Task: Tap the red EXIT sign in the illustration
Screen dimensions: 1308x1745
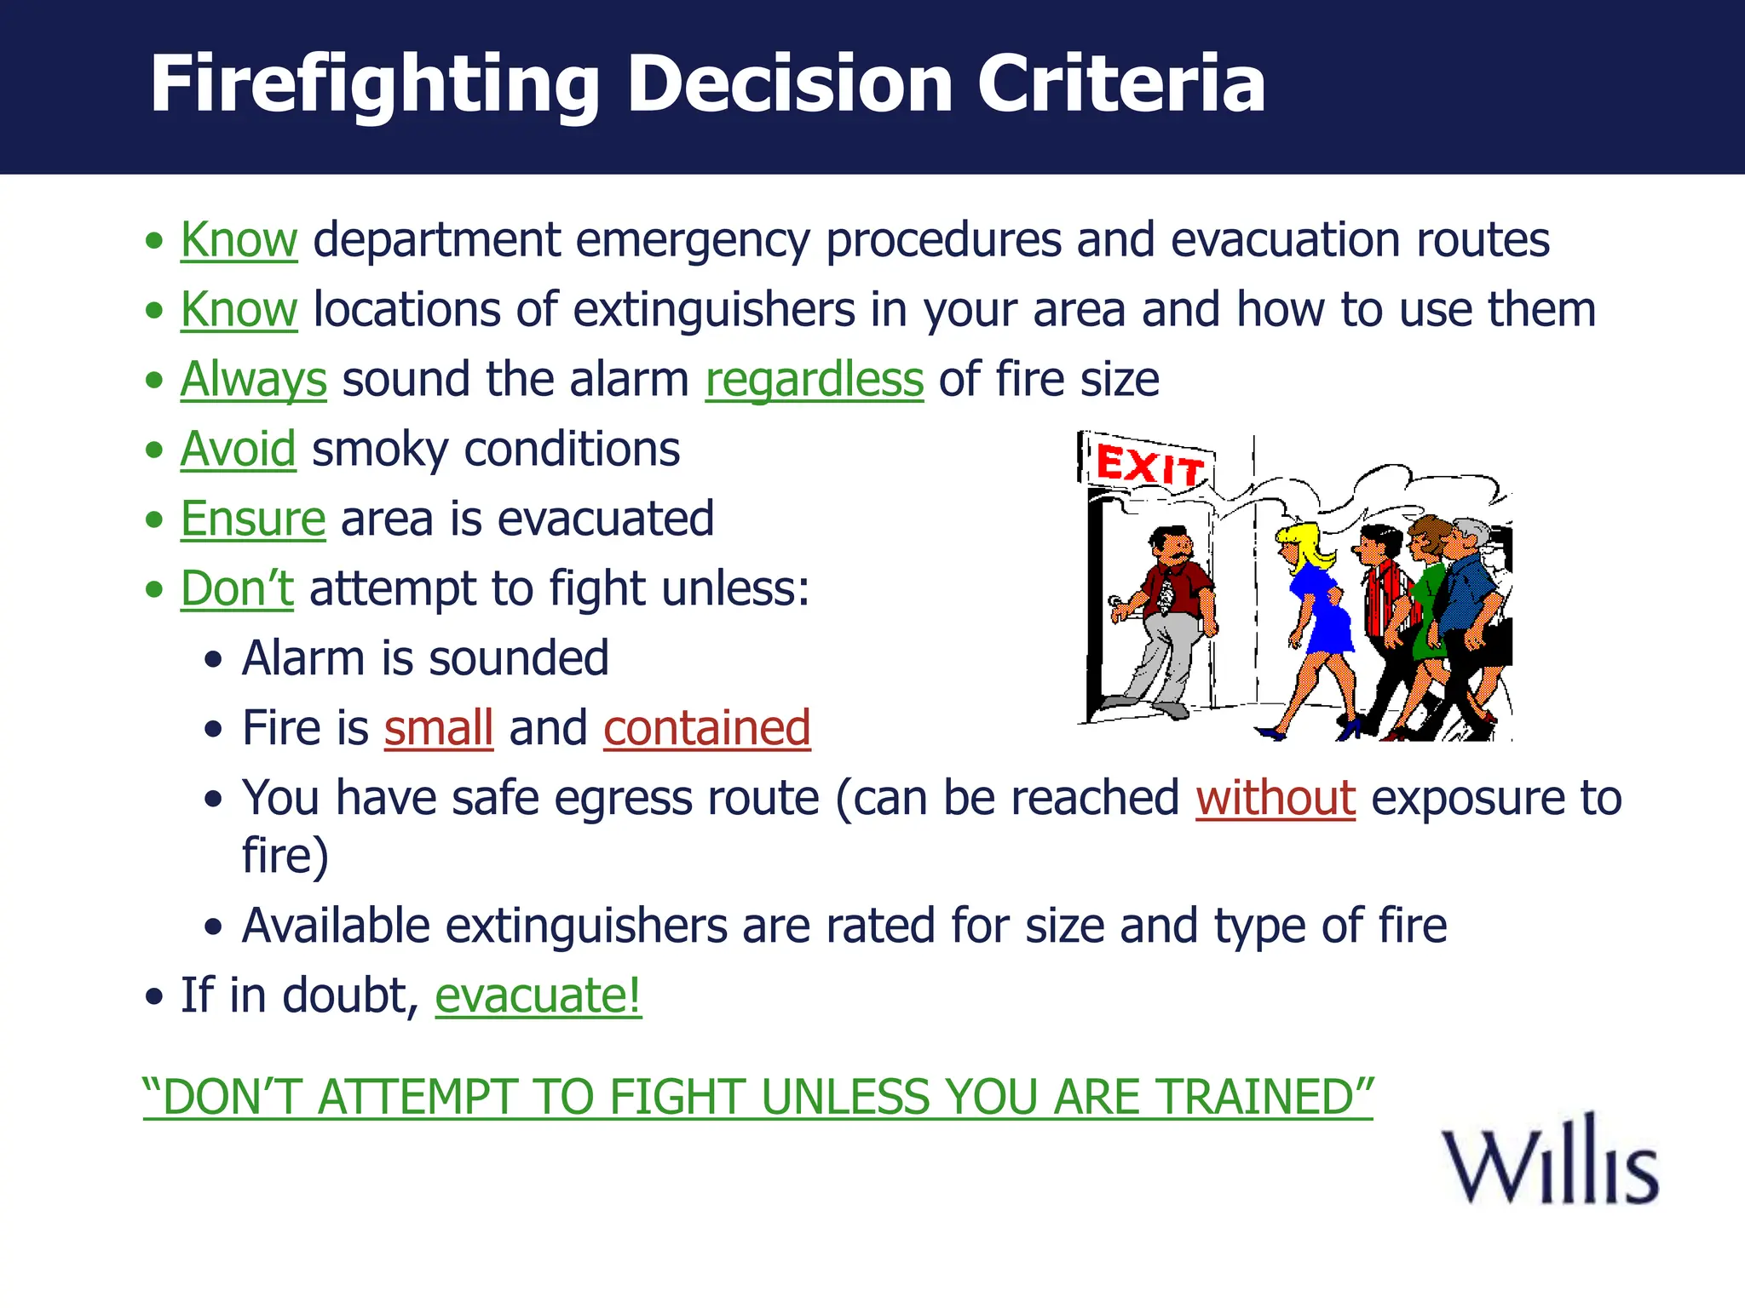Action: (1148, 465)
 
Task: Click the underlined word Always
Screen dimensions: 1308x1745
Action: (253, 380)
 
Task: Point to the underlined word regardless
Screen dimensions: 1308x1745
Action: (814, 380)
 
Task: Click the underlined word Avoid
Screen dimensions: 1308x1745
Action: (238, 449)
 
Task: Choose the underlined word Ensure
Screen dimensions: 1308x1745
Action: (252, 519)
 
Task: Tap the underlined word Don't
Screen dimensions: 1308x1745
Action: (236, 588)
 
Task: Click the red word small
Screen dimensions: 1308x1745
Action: (438, 728)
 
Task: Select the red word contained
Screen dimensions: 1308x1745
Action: (706, 728)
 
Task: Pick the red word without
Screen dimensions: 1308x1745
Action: (1275, 798)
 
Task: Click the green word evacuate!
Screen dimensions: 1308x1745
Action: (538, 995)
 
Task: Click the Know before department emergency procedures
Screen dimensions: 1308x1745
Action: (239, 240)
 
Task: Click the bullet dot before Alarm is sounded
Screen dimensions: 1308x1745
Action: (213, 659)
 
